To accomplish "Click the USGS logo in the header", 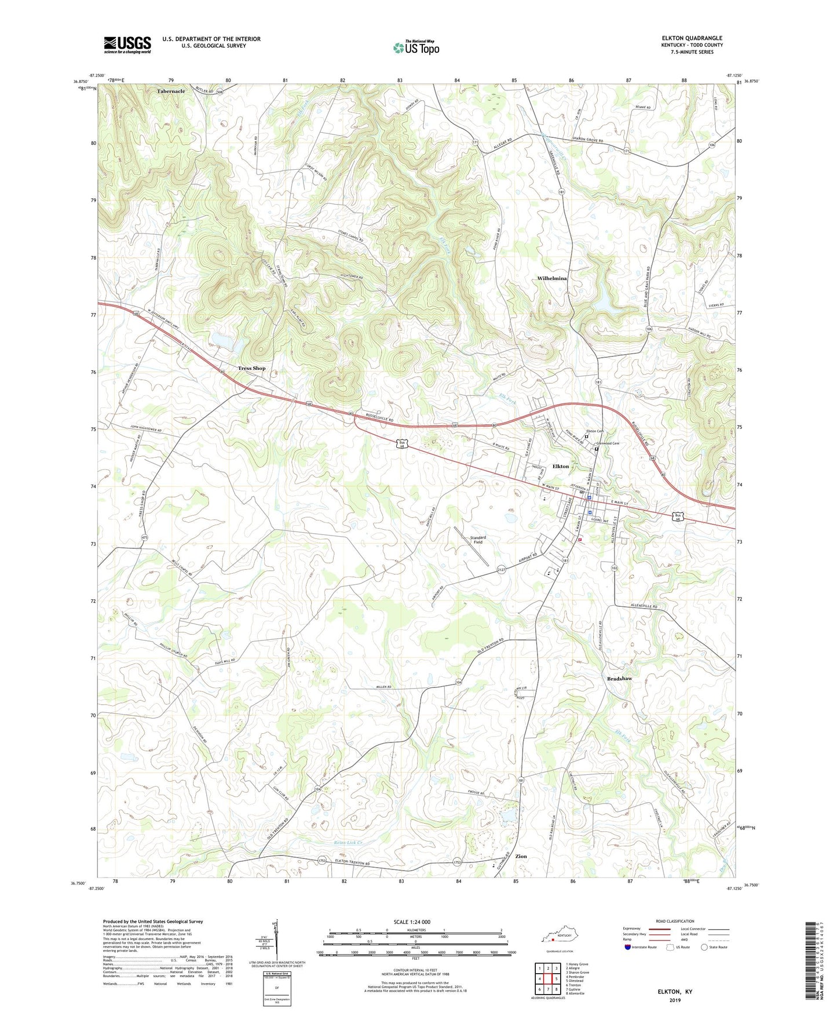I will pyautogui.click(x=127, y=44).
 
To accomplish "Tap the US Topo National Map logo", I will pyautogui.click(x=415, y=47).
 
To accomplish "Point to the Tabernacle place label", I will pyautogui.click(x=171, y=92).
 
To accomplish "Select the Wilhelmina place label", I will pyautogui.click(x=552, y=279).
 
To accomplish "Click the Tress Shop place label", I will pyautogui.click(x=251, y=368).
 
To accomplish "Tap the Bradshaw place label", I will pyautogui.click(x=619, y=678).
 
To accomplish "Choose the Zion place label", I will pyautogui.click(x=521, y=856).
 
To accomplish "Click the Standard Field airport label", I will pyautogui.click(x=478, y=540).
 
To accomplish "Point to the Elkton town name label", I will pyautogui.click(x=560, y=466).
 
